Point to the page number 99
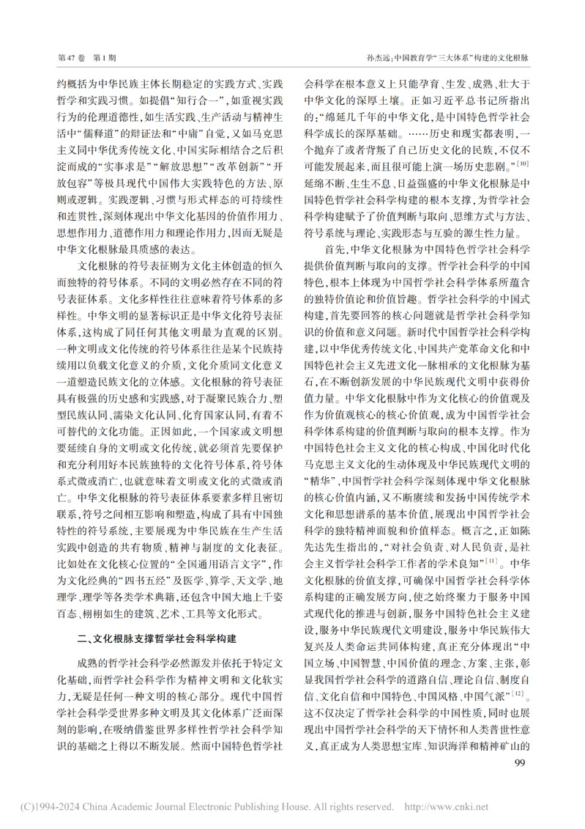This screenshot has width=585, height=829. coord(521,762)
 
